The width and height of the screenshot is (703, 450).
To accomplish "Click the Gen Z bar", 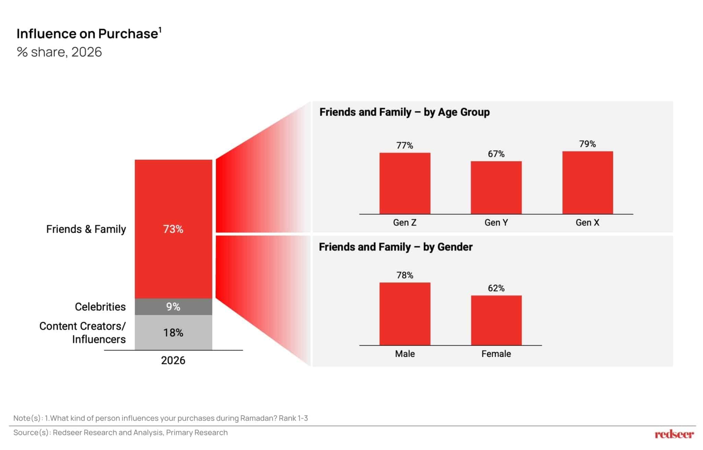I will point(405,183).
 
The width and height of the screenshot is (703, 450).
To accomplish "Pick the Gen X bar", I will point(587,183).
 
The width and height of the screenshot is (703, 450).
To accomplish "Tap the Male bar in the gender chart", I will point(405,314).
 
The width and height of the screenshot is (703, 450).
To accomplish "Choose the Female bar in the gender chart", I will point(496,320).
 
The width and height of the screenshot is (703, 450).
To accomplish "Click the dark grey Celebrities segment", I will point(173,307).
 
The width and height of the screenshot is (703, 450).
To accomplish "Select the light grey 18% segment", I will point(173,333).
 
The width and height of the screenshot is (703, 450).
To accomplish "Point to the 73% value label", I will point(173,229).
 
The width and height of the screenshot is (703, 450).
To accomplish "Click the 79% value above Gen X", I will point(587,144).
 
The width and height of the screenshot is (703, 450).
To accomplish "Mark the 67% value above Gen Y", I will point(496,154).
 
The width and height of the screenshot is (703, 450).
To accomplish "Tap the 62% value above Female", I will point(496,288).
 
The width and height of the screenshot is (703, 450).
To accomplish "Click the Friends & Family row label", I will point(86,229).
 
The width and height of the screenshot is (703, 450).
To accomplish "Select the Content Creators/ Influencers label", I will point(83,333).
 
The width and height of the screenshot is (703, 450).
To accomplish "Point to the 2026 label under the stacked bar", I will point(173,360).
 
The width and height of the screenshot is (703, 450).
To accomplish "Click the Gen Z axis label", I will point(405,222).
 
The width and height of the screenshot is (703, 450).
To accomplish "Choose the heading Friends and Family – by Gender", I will point(395,247).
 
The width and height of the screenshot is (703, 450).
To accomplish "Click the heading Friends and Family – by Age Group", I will point(404,112).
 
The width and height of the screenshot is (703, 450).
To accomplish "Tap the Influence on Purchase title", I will point(88,34).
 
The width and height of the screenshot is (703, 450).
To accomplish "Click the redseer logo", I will point(674,434).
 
